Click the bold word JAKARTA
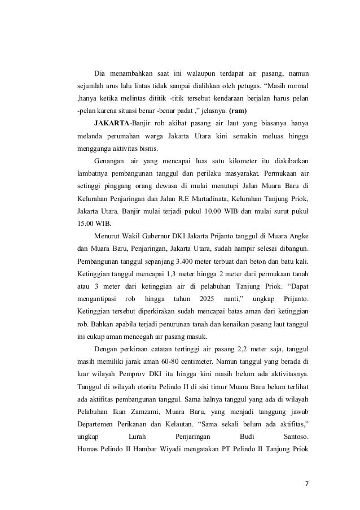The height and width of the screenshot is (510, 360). click(x=112, y=123)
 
